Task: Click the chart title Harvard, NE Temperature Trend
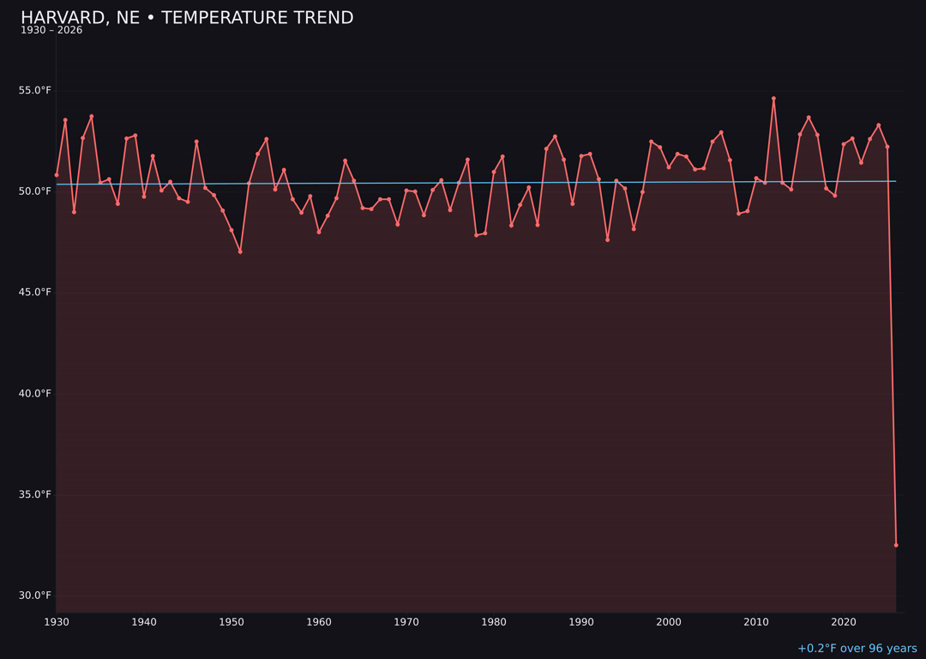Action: [x=187, y=18]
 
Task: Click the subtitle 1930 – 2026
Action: [x=51, y=31]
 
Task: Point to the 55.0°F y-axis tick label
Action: [x=35, y=90]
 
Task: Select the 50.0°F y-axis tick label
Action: [x=35, y=191]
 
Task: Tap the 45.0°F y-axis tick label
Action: [x=35, y=293]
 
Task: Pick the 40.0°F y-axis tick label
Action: [x=35, y=394]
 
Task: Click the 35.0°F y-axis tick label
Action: [x=35, y=494]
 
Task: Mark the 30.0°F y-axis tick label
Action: [x=35, y=596]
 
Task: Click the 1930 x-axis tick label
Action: [x=57, y=622]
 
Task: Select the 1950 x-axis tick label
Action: [x=231, y=622]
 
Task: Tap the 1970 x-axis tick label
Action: [x=406, y=622]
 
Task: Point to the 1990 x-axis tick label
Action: [x=581, y=622]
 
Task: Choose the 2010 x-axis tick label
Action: [x=756, y=622]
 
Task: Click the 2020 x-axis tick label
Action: [x=844, y=622]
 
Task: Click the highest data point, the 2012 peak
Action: [x=773, y=99]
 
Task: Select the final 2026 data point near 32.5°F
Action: [x=896, y=545]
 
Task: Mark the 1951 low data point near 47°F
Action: [x=240, y=251]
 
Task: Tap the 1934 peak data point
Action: [x=92, y=117]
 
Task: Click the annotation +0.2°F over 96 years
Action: [x=857, y=649]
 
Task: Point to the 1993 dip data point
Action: [x=607, y=239]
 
